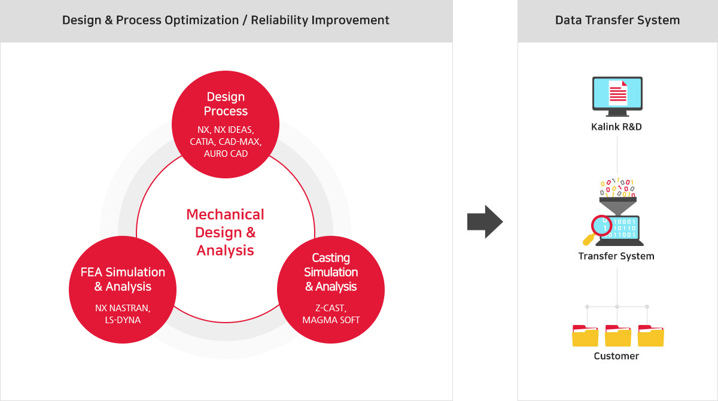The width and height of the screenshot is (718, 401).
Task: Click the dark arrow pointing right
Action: pyautogui.click(x=485, y=222)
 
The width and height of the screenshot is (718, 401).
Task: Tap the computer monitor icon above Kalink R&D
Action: pyautogui.click(x=617, y=96)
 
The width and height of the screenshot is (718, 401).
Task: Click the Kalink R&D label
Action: pyautogui.click(x=616, y=127)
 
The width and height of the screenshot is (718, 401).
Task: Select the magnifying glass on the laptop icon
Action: pyautogui.click(x=598, y=229)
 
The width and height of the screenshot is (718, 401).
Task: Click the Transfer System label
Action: pyautogui.click(x=616, y=256)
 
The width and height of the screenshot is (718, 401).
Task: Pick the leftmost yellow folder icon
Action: pyautogui.click(x=585, y=336)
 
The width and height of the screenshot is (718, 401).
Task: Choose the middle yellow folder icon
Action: pyautogui.click(x=618, y=336)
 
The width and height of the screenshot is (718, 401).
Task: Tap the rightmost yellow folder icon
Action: pyautogui.click(x=651, y=336)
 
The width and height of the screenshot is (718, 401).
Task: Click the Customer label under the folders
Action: pyautogui.click(x=616, y=356)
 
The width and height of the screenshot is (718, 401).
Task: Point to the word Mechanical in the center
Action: pyautogui.click(x=226, y=214)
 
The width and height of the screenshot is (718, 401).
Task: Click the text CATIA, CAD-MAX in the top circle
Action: pyautogui.click(x=226, y=142)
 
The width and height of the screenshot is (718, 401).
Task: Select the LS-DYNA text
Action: pyautogui.click(x=123, y=320)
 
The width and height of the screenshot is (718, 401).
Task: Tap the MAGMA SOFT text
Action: pyautogui.click(x=331, y=320)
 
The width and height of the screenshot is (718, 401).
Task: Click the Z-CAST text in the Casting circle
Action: pyautogui.click(x=331, y=308)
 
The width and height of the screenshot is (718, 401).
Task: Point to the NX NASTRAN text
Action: pyautogui.click(x=123, y=308)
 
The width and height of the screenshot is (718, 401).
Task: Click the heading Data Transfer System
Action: pyautogui.click(x=617, y=20)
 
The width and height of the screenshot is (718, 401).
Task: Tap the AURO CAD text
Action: pyautogui.click(x=226, y=154)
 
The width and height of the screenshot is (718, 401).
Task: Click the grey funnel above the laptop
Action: pyautogui.click(x=617, y=206)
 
